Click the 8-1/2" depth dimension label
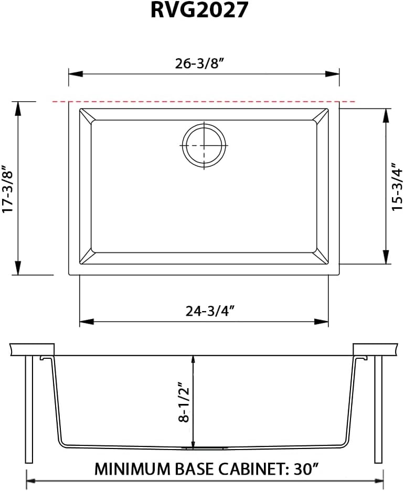tap(183, 401)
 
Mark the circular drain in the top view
tap(204, 146)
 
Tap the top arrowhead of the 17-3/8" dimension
tap(18, 105)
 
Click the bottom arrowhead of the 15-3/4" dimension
tap(387, 259)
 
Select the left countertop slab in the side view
tap(32, 349)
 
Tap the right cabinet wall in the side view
tap(378, 409)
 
